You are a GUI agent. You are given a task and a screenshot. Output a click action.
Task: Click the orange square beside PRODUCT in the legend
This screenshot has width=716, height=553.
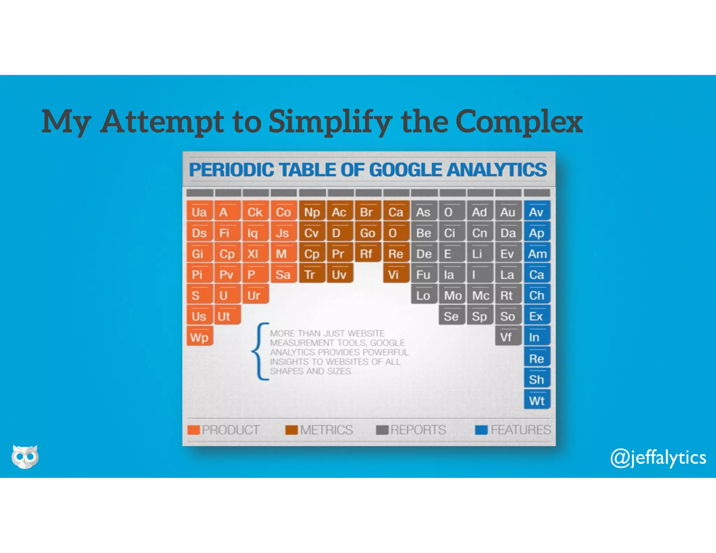193,430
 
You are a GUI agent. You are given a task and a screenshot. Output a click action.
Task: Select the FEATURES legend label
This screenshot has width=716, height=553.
521,430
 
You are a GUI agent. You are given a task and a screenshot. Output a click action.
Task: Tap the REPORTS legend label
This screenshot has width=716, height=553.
418,430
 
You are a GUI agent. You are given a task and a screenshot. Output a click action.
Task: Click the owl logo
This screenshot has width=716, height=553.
25,456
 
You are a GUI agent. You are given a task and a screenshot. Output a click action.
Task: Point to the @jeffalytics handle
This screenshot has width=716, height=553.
658,458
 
